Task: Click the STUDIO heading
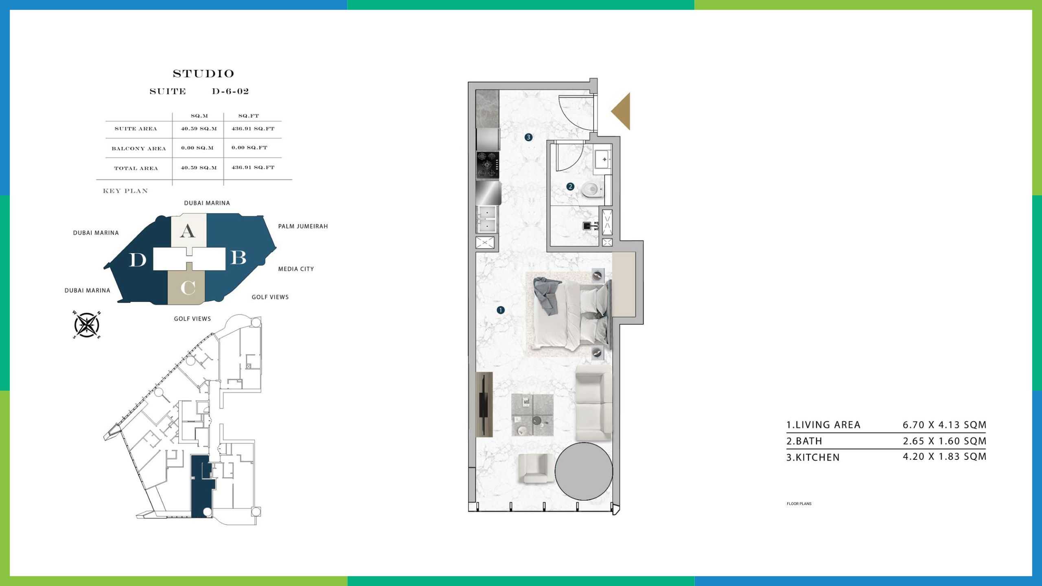204,74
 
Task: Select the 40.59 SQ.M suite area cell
199,129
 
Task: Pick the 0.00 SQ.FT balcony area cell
249,148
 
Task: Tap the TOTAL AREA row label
136,168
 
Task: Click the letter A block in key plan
188,231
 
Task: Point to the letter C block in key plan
187,288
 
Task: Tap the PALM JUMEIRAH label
303,226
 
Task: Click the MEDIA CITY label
296,269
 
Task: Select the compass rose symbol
87,325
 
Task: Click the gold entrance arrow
621,111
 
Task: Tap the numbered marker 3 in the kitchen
528,137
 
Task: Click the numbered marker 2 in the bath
570,186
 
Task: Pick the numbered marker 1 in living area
500,310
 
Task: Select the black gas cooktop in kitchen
488,166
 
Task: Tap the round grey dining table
584,471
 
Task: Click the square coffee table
532,415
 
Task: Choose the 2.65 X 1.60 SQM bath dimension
944,441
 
